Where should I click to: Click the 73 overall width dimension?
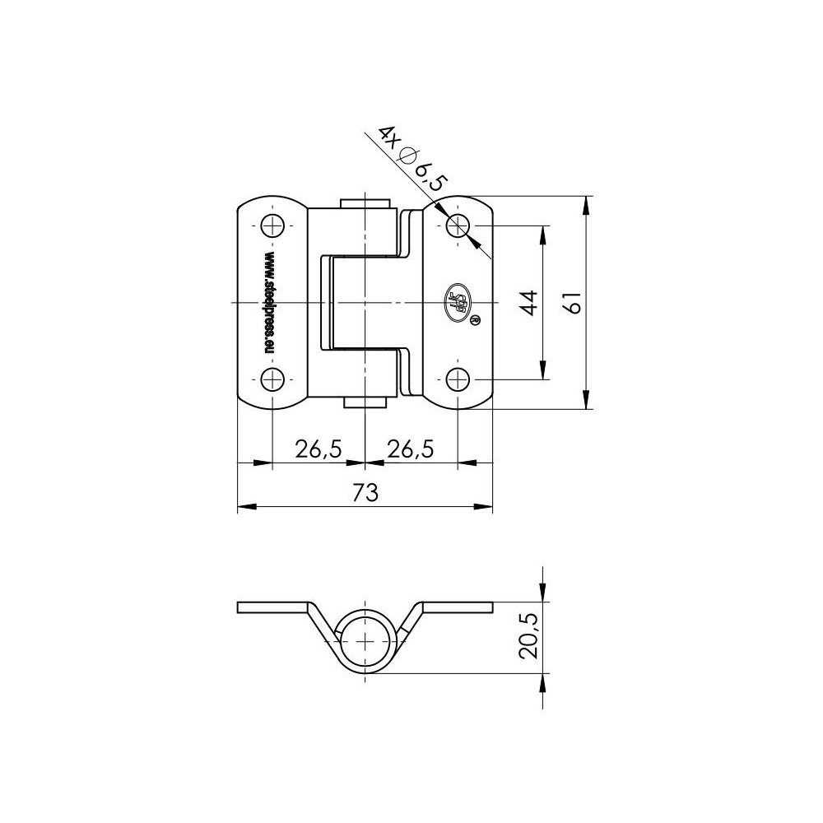pos(365,493)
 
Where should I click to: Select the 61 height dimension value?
pos(576,303)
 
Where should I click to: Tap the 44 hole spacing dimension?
pos(529,303)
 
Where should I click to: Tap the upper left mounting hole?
pos(272,225)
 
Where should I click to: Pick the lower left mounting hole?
pos(272,379)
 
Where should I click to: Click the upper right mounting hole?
pos(458,225)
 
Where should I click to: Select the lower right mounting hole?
pos(458,379)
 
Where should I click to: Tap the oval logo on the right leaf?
pos(459,300)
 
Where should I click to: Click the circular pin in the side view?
pos(365,639)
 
